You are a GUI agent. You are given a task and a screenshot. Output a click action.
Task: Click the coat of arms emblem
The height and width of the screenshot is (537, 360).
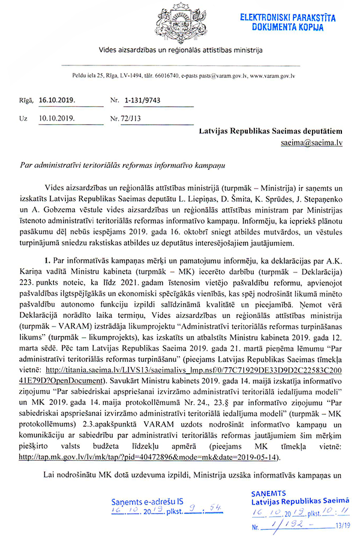[181, 22]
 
